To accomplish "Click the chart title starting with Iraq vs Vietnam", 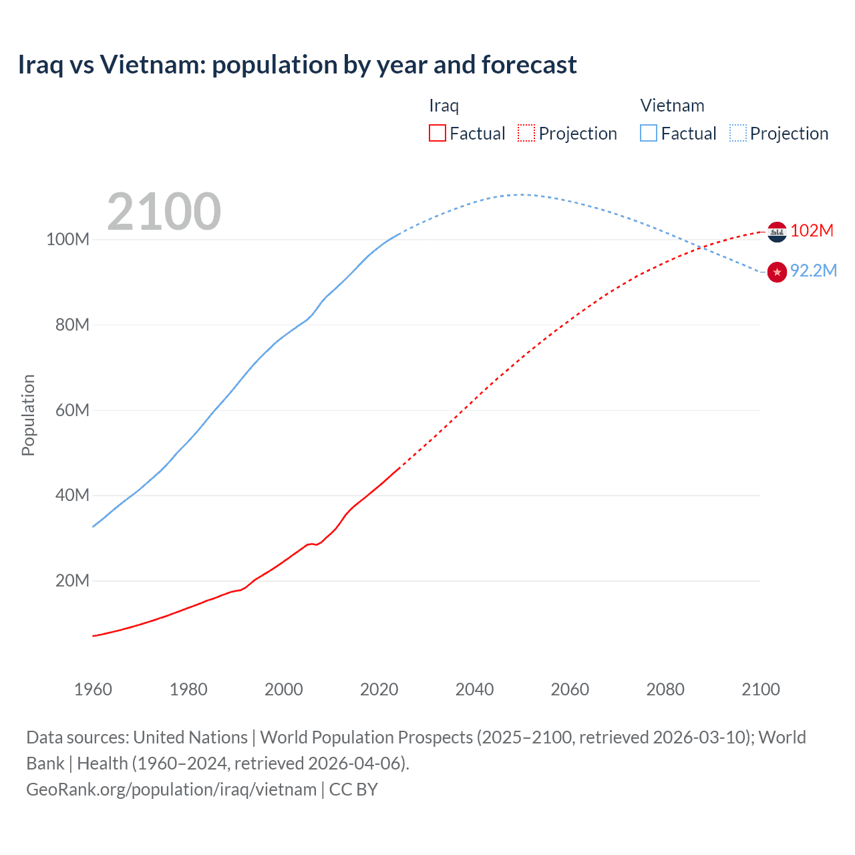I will point(297,65).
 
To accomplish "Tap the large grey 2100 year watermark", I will point(164,212).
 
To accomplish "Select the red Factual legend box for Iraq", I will point(438,133).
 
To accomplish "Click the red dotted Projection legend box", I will point(526,133).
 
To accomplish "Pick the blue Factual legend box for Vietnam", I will point(649,133).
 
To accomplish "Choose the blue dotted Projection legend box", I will point(737,133).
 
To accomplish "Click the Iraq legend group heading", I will point(444,106).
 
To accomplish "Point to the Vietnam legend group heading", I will point(672,106).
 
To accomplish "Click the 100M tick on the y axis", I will point(67,239).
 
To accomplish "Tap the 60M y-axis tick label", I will point(72,410).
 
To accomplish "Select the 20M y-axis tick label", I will point(72,580).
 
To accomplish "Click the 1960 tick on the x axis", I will point(93,689).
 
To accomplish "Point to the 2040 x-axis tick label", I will point(474,689).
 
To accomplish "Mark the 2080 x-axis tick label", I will point(665,689).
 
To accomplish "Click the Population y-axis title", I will point(28,415).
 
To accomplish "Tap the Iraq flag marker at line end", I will point(777,232).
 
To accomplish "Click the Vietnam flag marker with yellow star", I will point(777,272).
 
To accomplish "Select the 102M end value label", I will point(812,230).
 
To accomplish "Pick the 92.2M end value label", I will point(813,271).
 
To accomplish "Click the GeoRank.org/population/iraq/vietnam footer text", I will point(171,790).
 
